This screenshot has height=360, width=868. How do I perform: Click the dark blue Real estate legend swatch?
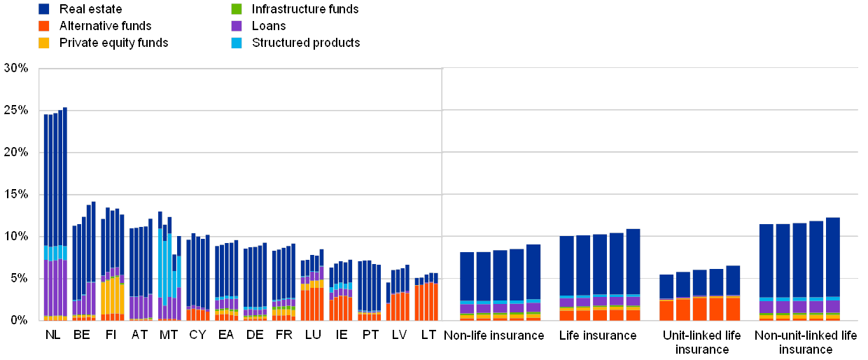pyautogui.click(x=44, y=9)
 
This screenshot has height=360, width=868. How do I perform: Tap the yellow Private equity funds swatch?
pyautogui.click(x=44, y=43)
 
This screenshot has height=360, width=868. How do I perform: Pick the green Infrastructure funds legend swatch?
pyautogui.click(x=237, y=9)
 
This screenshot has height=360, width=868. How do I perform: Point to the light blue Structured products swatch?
pyautogui.click(x=237, y=43)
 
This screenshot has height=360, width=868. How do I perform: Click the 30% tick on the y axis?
pyautogui.click(x=16, y=69)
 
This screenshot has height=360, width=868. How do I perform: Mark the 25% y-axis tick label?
pyautogui.click(x=16, y=111)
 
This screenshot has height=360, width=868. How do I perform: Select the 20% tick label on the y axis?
pyautogui.click(x=16, y=153)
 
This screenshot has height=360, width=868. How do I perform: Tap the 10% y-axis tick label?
pyautogui.click(x=16, y=237)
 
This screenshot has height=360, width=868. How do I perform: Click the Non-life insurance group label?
pyautogui.click(x=495, y=336)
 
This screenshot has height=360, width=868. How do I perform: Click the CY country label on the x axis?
pyautogui.click(x=198, y=335)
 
